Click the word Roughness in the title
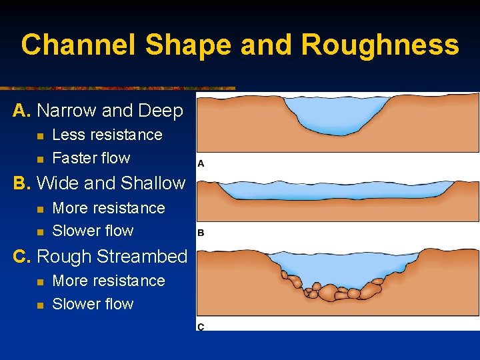click(x=379, y=45)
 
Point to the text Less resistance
click(x=107, y=135)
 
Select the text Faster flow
click(x=91, y=158)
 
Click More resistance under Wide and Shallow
click(x=108, y=208)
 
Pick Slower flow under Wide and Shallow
click(x=93, y=231)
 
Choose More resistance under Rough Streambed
click(x=108, y=281)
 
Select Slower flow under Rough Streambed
click(x=93, y=304)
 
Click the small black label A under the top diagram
click(x=201, y=163)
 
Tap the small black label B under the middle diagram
click(x=201, y=233)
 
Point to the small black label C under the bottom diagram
click(x=201, y=326)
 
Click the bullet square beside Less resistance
click(x=39, y=135)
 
